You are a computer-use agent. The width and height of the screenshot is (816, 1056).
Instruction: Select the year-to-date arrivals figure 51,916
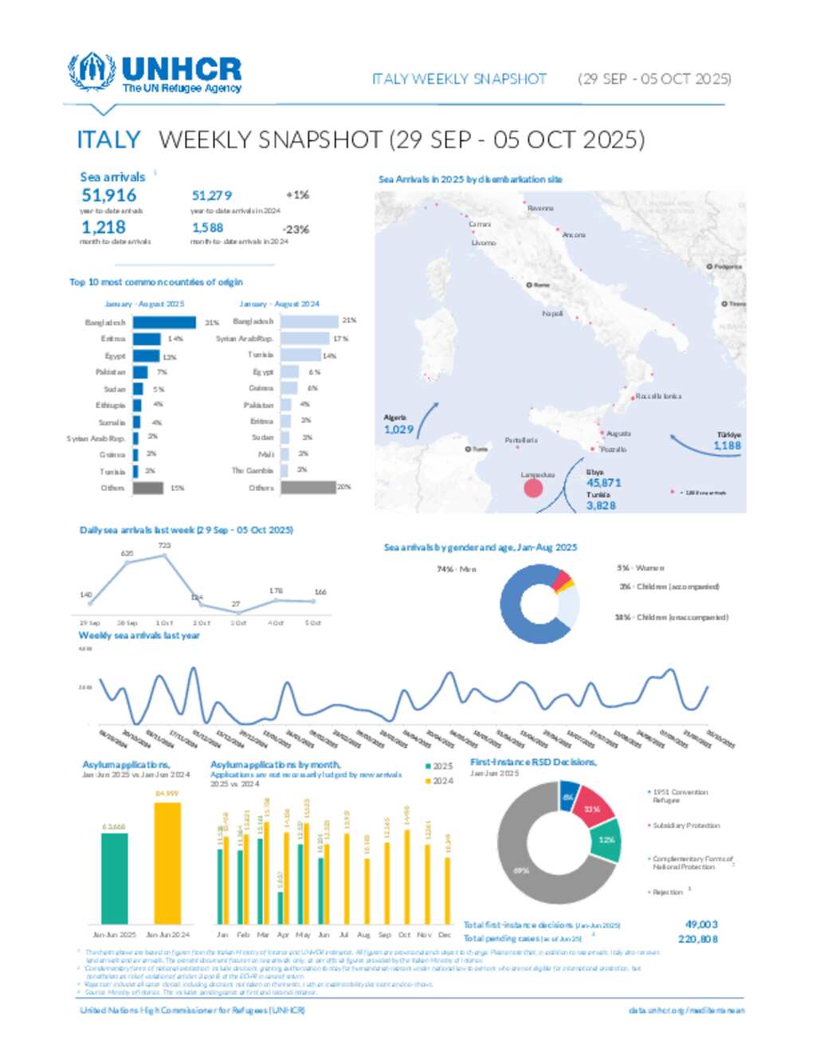(108, 195)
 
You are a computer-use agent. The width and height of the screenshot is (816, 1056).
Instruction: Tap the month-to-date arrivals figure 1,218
(103, 227)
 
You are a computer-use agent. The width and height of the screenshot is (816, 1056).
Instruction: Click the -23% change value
(296, 230)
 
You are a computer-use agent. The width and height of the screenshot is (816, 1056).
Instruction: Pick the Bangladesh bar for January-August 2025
(164, 323)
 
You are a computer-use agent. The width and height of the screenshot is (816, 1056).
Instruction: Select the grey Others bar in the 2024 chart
(309, 487)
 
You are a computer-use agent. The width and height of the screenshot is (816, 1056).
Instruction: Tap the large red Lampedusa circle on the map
(533, 488)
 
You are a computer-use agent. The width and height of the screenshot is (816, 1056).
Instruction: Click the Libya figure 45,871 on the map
(603, 483)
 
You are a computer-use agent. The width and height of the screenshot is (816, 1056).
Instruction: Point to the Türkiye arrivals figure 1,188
(727, 446)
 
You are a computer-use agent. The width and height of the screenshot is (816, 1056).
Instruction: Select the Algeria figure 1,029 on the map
(398, 430)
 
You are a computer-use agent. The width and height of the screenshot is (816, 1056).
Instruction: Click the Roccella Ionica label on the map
(658, 396)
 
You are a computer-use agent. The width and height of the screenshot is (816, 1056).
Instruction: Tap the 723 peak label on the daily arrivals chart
(164, 546)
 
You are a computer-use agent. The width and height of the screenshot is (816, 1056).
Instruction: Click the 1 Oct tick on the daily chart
(164, 623)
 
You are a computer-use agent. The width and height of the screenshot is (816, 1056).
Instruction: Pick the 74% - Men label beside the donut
(457, 569)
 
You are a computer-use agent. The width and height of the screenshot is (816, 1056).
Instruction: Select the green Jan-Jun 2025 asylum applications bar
(115, 877)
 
